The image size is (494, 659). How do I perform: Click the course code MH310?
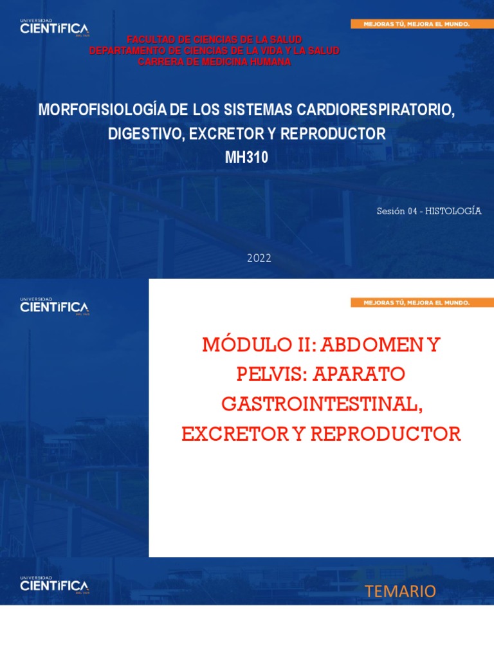[247, 158]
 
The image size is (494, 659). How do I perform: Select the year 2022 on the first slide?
[259, 258]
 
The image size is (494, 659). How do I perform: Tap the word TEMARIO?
[400, 591]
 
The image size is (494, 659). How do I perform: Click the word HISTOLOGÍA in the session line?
[454, 211]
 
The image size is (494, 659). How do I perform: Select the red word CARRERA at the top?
[160, 61]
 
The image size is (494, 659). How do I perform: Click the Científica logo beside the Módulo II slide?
[54, 306]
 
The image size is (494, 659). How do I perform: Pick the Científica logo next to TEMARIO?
[54, 585]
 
